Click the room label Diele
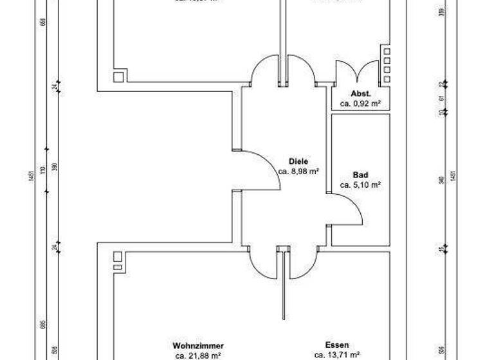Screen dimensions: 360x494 coord(299,161)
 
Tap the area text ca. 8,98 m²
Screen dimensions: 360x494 coord(299,172)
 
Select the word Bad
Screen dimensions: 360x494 coord(360,175)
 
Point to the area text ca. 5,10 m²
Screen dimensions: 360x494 coord(360,185)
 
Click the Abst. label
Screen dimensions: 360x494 coord(360,93)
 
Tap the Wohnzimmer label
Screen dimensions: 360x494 coord(198,345)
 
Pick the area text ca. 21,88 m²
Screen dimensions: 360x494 coord(198,355)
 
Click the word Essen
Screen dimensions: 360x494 coord(337,345)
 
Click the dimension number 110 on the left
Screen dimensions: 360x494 coord(42,170)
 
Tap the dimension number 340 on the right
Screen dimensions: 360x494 coord(441,179)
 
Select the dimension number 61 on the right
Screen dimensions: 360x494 coord(441,98)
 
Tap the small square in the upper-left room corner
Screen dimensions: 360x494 coord(119,76)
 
